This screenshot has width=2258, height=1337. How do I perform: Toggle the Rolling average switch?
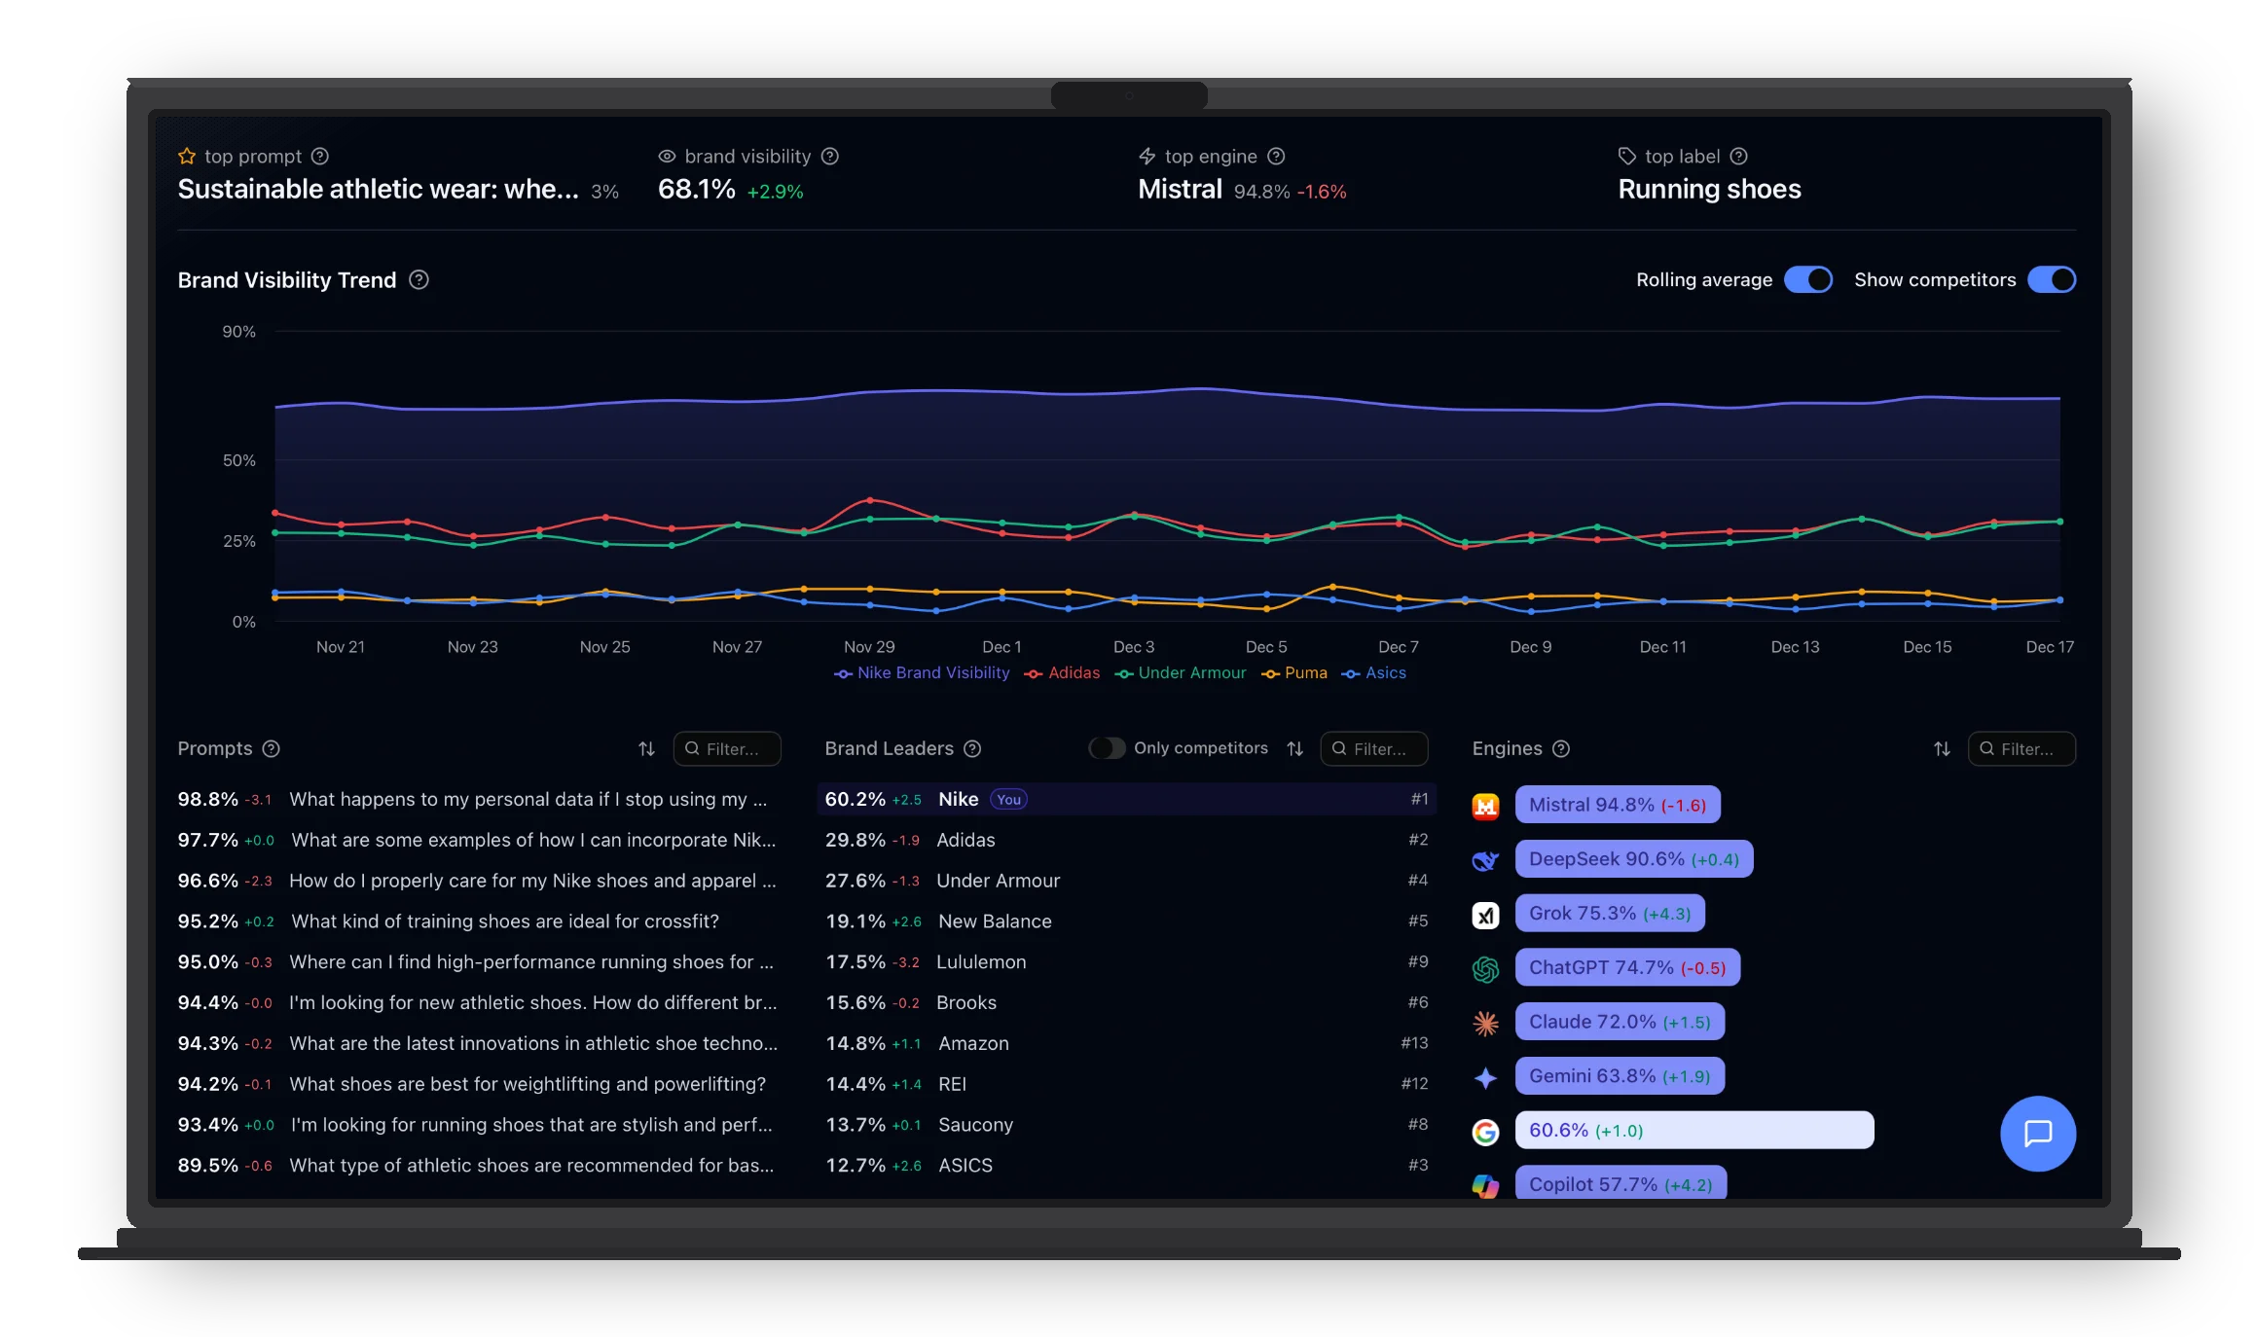tap(1807, 280)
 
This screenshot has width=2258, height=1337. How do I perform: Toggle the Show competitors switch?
tap(2051, 280)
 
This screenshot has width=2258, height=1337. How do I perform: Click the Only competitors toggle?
tap(1107, 748)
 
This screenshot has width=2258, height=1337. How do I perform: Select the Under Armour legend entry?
tap(1181, 673)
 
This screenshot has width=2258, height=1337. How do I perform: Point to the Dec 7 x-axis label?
tap(1398, 647)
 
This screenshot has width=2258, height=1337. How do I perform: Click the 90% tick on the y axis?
tap(238, 332)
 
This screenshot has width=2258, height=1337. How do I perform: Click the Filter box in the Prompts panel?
tap(727, 749)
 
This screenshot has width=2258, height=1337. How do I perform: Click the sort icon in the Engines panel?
tap(1941, 749)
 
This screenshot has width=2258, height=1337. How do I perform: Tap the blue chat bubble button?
tap(2037, 1134)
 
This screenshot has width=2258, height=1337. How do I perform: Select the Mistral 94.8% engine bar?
tap(1617, 805)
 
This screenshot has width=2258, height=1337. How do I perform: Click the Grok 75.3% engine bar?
tap(1609, 914)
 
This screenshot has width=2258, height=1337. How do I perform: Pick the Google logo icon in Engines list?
tap(1485, 1132)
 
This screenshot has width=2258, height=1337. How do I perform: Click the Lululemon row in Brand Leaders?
tap(980, 962)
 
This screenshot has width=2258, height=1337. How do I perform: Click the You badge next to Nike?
tap(1008, 800)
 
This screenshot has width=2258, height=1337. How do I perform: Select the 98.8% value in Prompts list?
tap(207, 800)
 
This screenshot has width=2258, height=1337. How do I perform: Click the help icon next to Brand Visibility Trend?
tap(419, 280)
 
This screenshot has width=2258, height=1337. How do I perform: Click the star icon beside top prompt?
tap(187, 157)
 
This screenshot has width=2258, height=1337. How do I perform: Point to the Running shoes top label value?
tap(1709, 190)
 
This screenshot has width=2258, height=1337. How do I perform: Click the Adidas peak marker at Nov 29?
tap(870, 500)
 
